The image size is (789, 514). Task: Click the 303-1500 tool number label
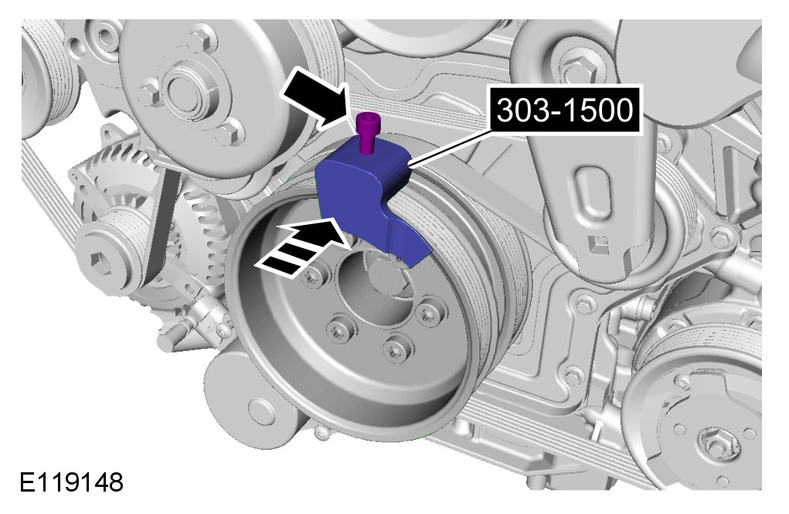tap(565, 111)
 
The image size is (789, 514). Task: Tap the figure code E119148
tap(71, 482)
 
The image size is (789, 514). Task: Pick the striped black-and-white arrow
tap(302, 247)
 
